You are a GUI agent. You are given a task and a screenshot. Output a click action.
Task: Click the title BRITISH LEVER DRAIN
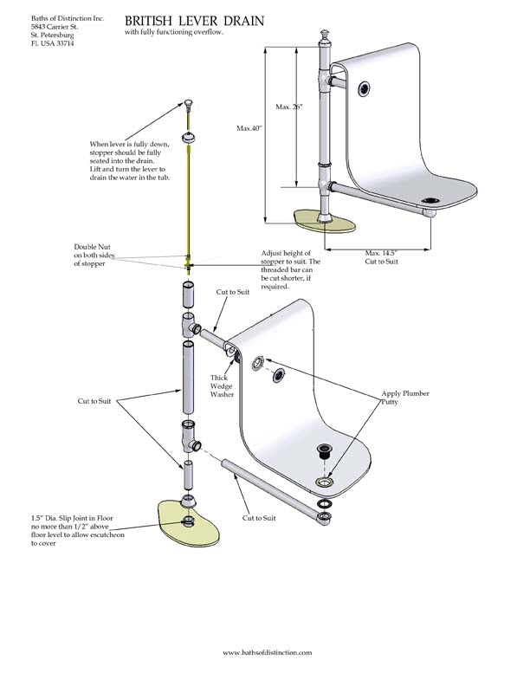click(194, 19)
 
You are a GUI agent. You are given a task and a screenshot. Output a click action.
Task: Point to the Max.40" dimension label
click(249, 128)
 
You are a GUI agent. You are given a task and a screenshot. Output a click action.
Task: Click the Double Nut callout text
click(92, 256)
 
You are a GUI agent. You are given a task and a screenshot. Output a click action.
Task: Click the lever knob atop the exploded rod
click(187, 104)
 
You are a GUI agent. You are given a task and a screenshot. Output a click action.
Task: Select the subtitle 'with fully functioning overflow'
click(173, 32)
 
